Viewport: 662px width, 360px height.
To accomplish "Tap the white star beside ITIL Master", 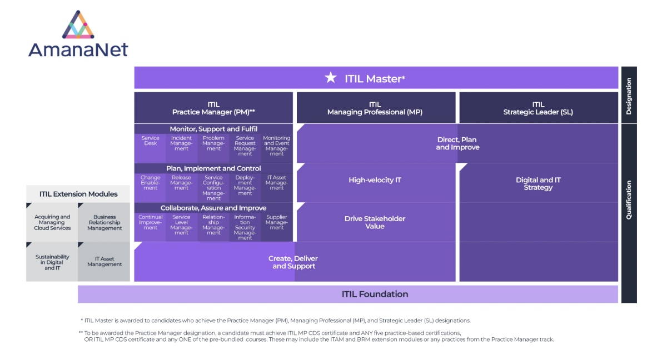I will pyautogui.click(x=331, y=78).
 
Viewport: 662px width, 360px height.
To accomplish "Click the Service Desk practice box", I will pyautogui.click(x=150, y=146).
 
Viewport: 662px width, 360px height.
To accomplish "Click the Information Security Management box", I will pyautogui.click(x=245, y=227).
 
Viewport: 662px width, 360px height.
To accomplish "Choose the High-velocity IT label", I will pyautogui.click(x=375, y=180).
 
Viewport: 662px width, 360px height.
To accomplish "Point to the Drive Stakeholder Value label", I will pyautogui.click(x=375, y=222).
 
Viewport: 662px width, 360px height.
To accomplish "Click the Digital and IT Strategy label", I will pyautogui.click(x=538, y=183).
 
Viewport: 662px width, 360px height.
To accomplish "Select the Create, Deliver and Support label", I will pyautogui.click(x=293, y=262).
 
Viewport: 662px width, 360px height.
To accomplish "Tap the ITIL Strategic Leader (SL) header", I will pyautogui.click(x=538, y=108).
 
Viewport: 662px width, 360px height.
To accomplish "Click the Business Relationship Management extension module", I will pyautogui.click(x=104, y=222).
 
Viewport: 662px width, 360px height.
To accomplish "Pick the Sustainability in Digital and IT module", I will pyautogui.click(x=52, y=262).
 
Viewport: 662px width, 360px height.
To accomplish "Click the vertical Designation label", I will pyautogui.click(x=629, y=96).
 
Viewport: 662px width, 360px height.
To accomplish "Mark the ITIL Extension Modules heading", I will pyautogui.click(x=78, y=194).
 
